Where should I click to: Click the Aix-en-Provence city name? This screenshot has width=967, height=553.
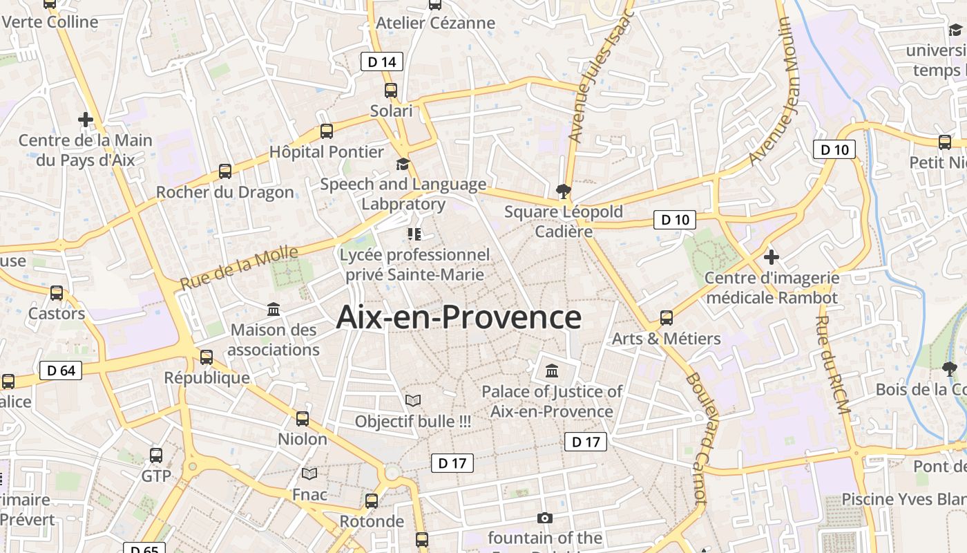[x=459, y=318]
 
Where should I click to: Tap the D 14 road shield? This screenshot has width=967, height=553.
[x=382, y=62]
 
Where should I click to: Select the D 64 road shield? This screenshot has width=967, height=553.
[x=61, y=371]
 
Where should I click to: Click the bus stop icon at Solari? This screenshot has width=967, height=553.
[x=391, y=90]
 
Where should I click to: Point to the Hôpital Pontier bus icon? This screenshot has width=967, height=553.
[x=327, y=131]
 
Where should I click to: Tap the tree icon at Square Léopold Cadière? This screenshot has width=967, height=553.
[x=564, y=191]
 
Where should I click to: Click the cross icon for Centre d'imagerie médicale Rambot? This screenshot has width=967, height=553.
[x=772, y=257]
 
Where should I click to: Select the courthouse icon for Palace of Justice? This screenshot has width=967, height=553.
[x=552, y=371]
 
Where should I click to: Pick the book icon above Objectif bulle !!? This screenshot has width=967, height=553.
[x=413, y=400]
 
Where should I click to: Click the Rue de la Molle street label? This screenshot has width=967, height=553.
[x=239, y=268]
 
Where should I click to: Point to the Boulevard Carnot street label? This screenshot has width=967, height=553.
[x=697, y=438]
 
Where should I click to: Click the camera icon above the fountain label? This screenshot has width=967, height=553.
[x=545, y=518]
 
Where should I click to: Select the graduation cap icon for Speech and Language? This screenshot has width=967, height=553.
[x=403, y=164]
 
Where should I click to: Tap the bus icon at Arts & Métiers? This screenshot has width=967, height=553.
[x=667, y=317]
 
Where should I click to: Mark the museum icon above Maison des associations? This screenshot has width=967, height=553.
[x=274, y=309]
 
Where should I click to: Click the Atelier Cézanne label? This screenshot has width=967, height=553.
[x=435, y=23]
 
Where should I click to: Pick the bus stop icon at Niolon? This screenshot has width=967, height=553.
[x=303, y=418]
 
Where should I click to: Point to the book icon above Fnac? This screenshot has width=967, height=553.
[x=309, y=474]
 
